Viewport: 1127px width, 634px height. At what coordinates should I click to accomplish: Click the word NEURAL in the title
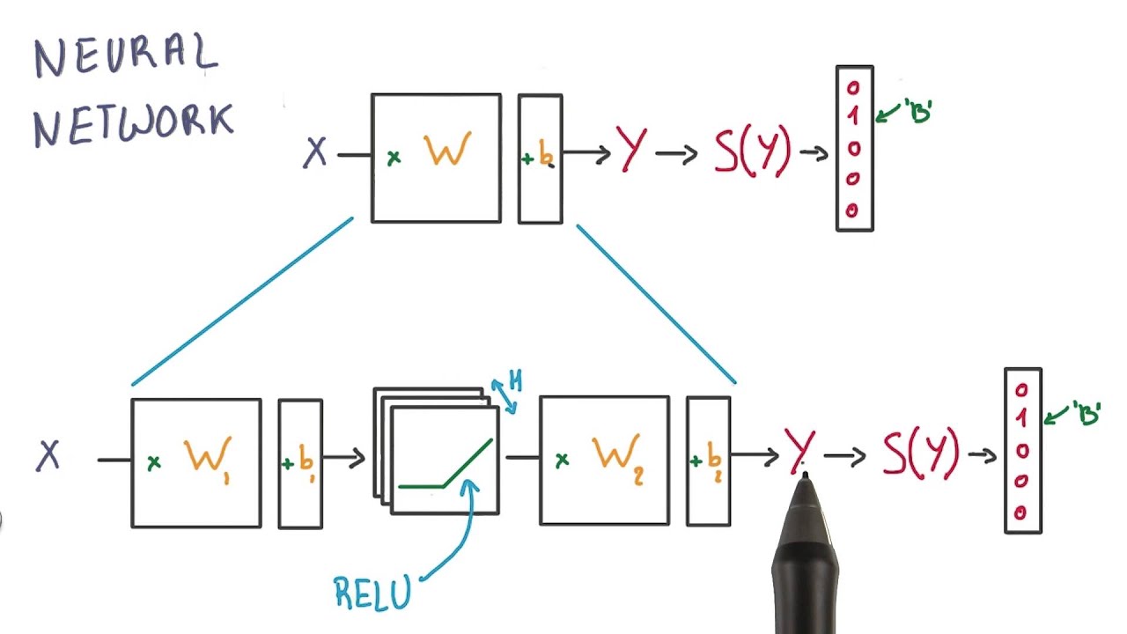click(125, 55)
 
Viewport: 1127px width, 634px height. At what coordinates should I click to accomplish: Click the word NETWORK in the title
click(134, 123)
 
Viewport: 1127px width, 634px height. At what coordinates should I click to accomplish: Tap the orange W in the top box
click(446, 151)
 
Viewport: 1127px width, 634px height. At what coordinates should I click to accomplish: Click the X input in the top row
click(315, 154)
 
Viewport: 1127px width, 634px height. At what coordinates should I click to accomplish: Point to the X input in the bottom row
click(48, 456)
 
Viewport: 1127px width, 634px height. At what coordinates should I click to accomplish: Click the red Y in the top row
click(631, 149)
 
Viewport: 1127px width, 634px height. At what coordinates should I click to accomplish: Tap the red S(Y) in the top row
click(753, 151)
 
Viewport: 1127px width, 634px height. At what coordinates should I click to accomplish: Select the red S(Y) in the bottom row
click(921, 453)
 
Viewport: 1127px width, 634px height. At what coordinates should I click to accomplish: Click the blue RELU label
click(372, 592)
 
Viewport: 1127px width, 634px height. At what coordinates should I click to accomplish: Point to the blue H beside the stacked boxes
click(515, 381)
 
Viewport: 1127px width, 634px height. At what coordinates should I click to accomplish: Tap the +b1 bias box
click(300, 462)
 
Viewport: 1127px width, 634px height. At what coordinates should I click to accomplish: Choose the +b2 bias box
click(708, 461)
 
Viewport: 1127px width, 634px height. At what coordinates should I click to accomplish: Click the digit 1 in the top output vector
click(853, 116)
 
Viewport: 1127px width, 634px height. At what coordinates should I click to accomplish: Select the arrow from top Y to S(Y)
click(676, 154)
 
